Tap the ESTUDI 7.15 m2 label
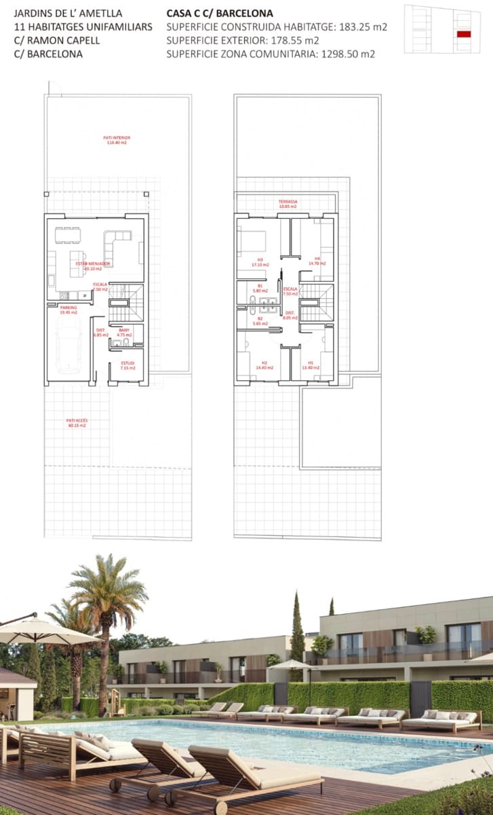[127, 365]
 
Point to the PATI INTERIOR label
[117, 140]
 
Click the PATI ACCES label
[77, 423]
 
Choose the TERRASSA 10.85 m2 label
[288, 204]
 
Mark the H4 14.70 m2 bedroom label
[317, 260]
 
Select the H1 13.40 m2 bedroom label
[311, 365]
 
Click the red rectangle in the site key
[464, 34]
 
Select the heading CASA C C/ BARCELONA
[220, 13]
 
